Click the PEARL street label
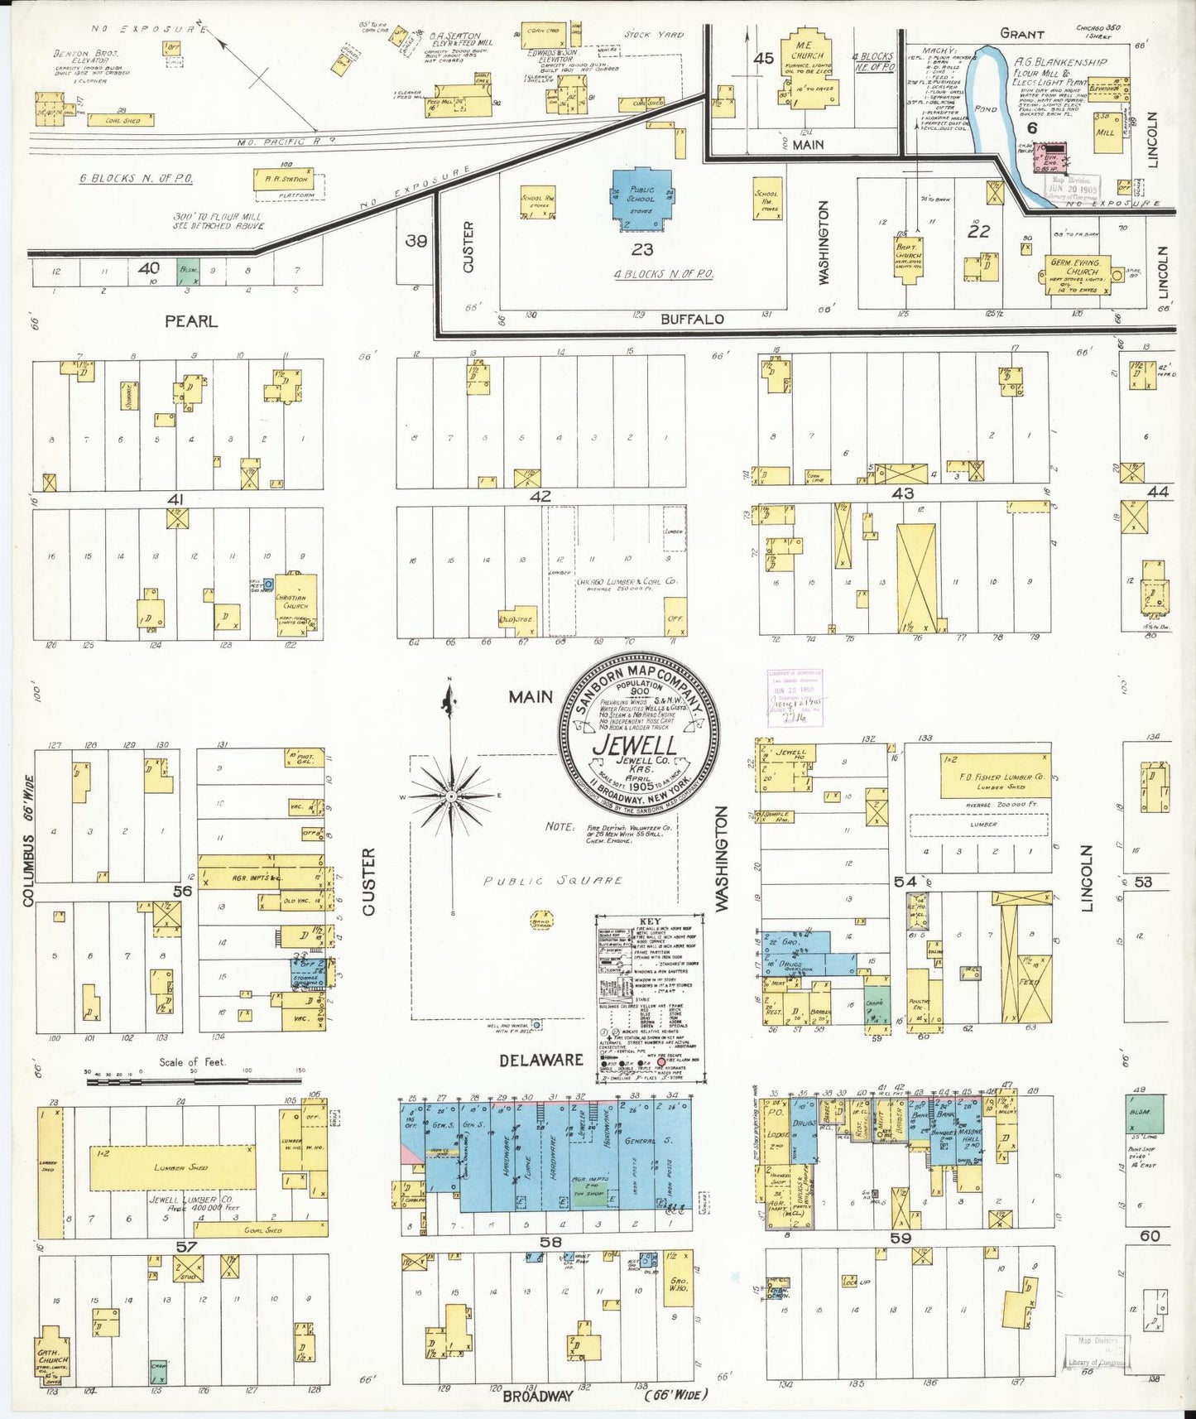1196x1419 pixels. point(190,321)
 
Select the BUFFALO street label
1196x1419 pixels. point(692,319)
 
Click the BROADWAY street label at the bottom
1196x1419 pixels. point(538,1395)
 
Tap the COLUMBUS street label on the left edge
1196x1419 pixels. point(29,868)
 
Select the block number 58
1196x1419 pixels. point(550,1242)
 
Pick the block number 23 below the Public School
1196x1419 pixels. point(642,248)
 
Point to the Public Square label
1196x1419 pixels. point(553,881)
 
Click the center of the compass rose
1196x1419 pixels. point(452,796)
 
